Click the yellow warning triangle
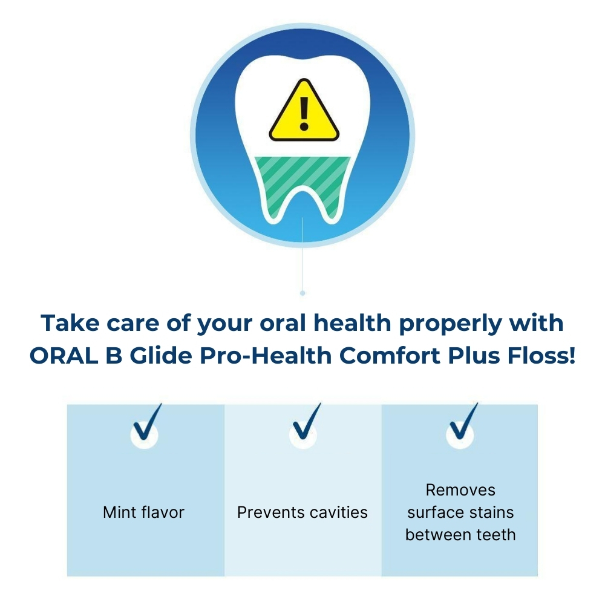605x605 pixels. (304, 113)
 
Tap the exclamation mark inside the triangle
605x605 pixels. (304, 114)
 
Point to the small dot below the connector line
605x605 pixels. (302, 293)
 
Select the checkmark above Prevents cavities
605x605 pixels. (307, 422)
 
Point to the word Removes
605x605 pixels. (460, 490)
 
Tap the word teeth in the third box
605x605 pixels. (496, 535)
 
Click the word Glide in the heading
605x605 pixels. (160, 355)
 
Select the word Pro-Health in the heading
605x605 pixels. (266, 355)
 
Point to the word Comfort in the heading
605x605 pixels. (390, 355)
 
